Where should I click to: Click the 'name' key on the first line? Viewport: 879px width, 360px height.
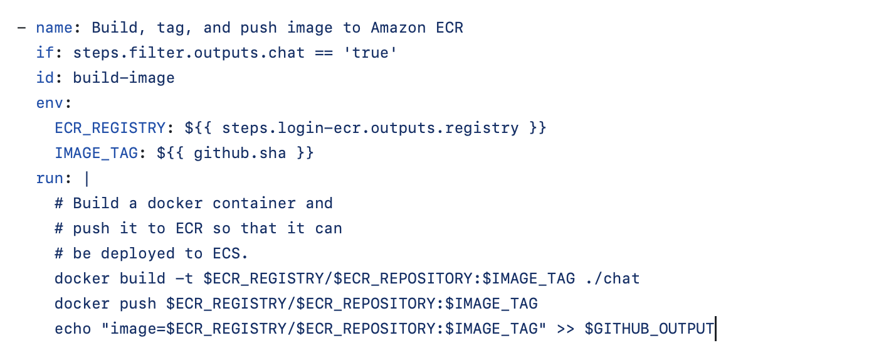(54, 28)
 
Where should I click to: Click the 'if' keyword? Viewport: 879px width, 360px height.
(45, 53)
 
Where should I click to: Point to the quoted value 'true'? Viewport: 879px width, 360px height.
(370, 53)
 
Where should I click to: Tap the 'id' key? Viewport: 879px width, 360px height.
(45, 78)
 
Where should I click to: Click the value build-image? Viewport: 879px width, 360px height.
(124, 78)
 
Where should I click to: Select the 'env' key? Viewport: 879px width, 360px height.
(50, 103)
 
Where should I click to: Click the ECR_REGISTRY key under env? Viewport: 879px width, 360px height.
(110, 128)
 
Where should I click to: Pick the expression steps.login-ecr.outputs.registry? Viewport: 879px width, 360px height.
(370, 128)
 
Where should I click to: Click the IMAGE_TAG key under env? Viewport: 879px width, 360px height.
(96, 153)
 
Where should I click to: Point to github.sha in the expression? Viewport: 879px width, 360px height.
(240, 153)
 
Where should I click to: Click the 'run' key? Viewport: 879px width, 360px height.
(50, 178)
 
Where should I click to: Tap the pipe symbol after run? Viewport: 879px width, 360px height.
(87, 178)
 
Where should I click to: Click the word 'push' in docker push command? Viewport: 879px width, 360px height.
(138, 304)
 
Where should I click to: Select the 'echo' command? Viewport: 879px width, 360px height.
(73, 329)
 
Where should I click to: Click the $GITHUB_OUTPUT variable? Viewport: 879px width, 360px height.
(649, 329)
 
